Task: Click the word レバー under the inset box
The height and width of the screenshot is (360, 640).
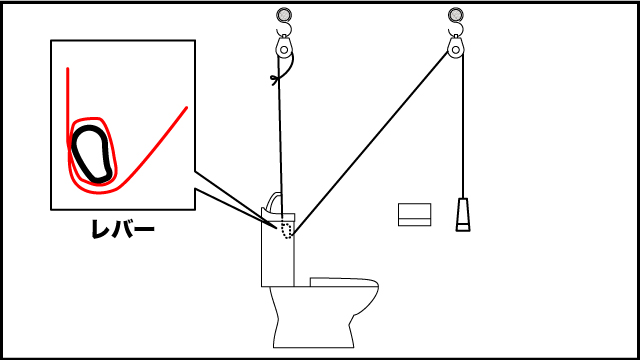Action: (123, 229)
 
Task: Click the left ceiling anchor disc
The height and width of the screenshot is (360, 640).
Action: (284, 15)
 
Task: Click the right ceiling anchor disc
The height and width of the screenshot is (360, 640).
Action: (456, 15)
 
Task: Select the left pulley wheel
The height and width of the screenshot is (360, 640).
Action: (284, 50)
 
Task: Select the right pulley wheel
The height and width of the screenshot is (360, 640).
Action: (456, 50)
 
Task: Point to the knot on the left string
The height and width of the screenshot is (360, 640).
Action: (276, 79)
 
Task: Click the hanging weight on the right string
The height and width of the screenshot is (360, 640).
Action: (463, 215)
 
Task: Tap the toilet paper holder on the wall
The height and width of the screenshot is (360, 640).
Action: (414, 214)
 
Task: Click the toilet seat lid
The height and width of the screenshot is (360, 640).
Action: (344, 282)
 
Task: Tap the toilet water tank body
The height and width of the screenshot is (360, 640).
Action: (278, 249)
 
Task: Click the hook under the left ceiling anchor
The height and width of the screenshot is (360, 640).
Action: (284, 29)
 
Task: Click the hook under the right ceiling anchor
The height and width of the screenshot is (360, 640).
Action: (456, 29)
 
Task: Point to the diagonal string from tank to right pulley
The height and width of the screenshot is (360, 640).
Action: (370, 144)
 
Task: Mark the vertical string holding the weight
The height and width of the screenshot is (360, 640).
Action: (463, 127)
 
